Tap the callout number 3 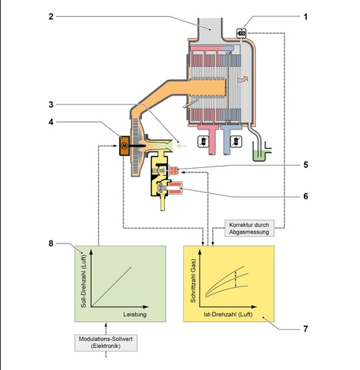point(51,104)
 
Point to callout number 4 point(51,122)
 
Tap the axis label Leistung point(135,314)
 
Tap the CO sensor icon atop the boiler point(240,32)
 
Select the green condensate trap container point(258,154)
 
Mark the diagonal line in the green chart point(119,283)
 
